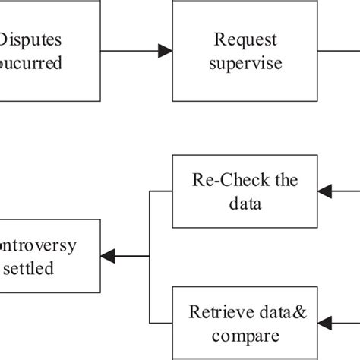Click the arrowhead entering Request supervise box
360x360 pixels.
click(x=165, y=51)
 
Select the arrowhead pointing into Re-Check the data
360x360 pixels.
click(x=324, y=191)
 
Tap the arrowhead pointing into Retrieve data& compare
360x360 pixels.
click(x=324, y=323)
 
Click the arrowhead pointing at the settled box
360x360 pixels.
click(x=109, y=257)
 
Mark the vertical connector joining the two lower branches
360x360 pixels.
click(x=150, y=257)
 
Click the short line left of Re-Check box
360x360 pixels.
click(x=161, y=191)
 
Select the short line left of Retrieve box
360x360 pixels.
click(x=161, y=323)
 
